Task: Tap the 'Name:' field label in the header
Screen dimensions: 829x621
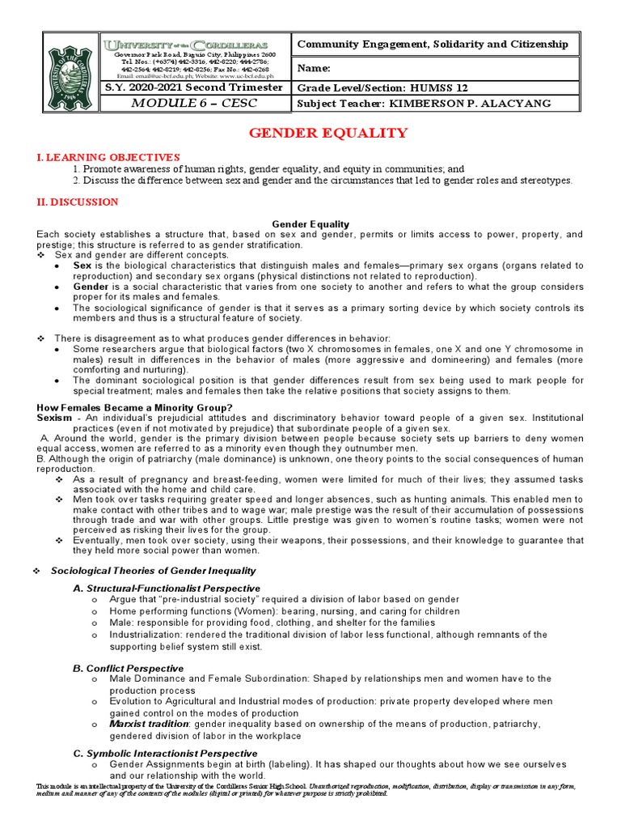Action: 315,69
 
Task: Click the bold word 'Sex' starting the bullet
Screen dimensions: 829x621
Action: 82,266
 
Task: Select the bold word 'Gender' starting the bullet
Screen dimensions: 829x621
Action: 91,287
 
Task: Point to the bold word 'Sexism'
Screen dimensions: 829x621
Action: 55,418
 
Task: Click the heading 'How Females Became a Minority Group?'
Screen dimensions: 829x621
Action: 135,407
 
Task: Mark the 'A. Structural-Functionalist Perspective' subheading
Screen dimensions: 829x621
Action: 167,588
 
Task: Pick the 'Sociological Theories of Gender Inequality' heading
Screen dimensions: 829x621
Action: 153,571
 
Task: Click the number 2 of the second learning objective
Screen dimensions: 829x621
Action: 75,180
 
